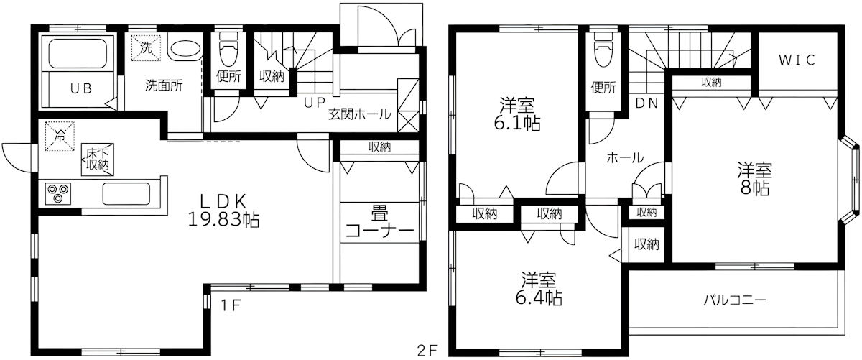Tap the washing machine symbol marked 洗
(146, 49)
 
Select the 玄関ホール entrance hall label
(360, 114)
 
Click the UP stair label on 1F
(313, 102)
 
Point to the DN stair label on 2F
(646, 102)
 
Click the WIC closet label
(797, 60)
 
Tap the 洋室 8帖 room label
(754, 180)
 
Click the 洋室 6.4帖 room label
(537, 287)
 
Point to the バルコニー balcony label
(734, 300)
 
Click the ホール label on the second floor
(624, 158)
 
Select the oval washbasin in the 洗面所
(185, 51)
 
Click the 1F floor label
(229, 304)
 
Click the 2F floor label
(427, 351)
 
